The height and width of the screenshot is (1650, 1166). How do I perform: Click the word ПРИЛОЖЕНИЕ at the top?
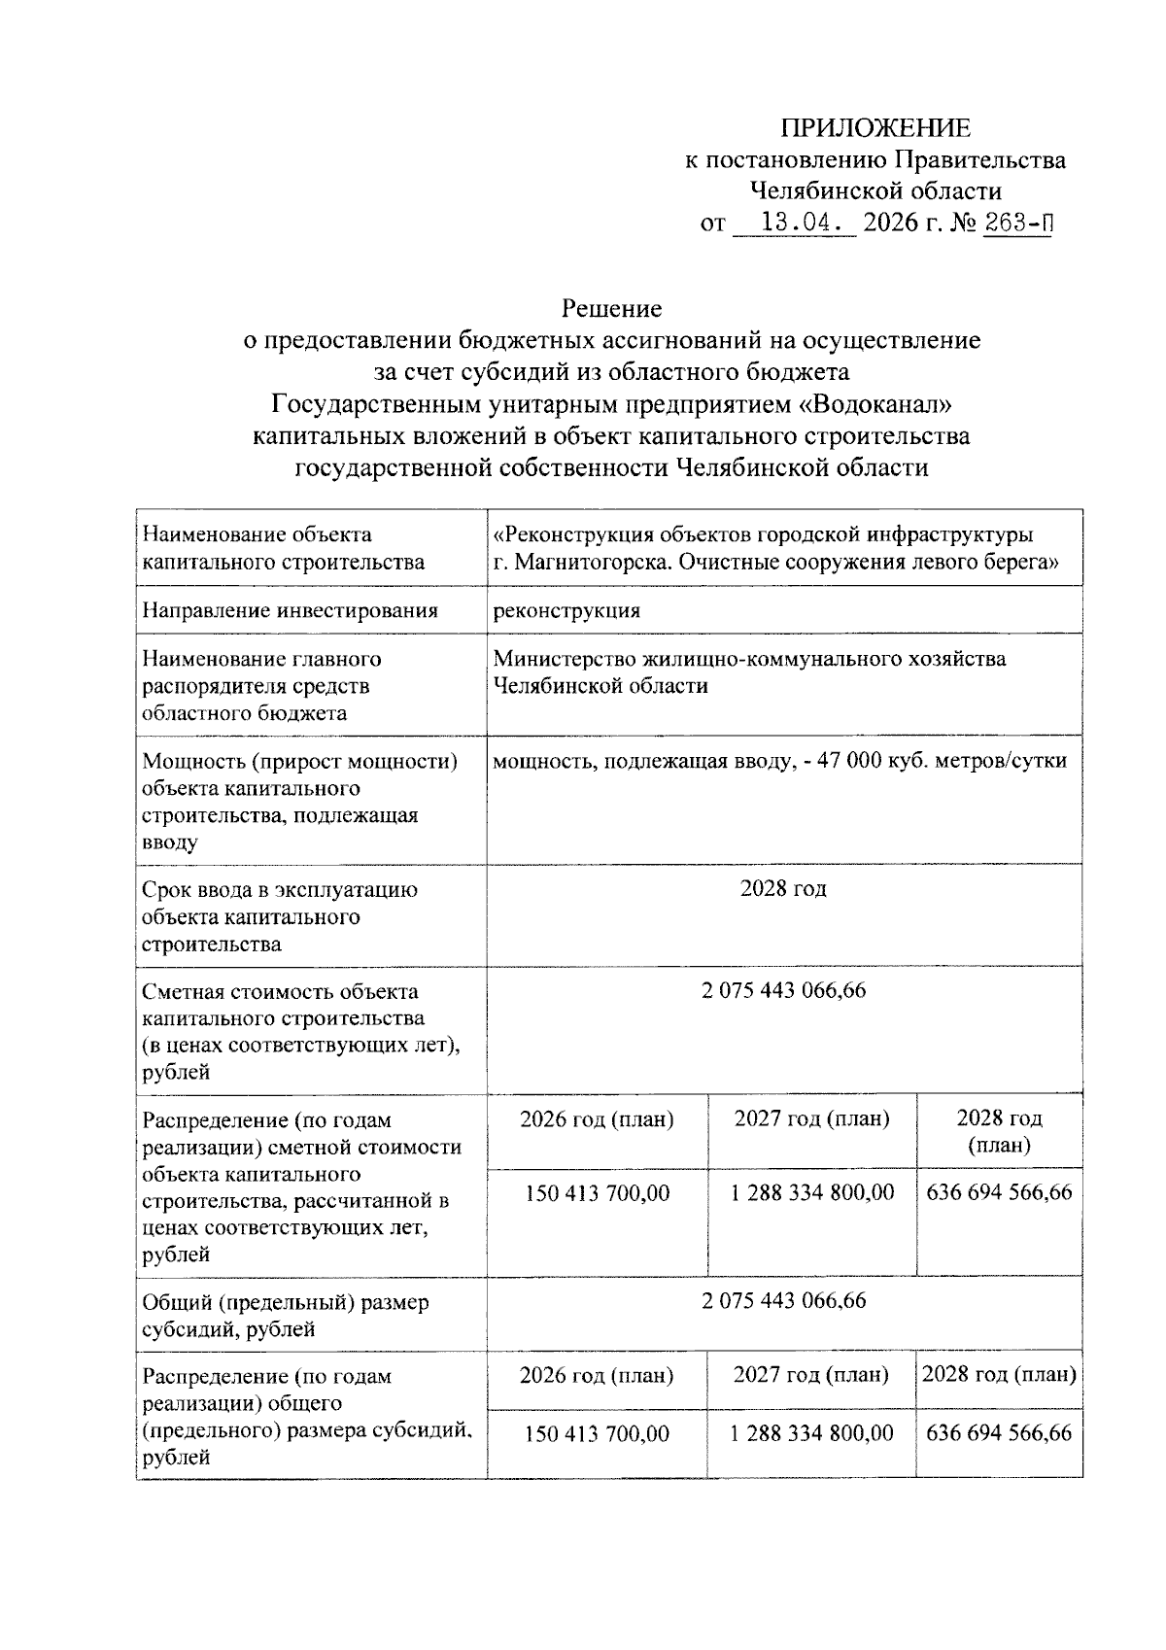876,128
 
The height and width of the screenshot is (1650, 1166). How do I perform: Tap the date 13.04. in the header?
796,223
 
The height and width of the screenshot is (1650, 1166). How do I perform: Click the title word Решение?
612,309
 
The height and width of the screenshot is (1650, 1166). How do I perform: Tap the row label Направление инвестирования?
290,610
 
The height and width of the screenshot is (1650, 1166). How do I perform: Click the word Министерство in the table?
564,659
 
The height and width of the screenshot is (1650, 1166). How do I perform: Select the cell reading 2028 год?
783,889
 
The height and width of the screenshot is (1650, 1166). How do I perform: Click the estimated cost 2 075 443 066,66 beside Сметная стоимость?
783,991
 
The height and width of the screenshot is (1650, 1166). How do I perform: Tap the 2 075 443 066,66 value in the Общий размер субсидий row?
783,1301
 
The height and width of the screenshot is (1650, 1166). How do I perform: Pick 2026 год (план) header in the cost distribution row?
597,1119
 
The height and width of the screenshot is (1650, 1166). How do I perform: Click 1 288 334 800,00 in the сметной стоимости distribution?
812,1192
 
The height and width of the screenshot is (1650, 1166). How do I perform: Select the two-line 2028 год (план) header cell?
999,1131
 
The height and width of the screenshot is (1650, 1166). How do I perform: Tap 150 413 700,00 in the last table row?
597,1434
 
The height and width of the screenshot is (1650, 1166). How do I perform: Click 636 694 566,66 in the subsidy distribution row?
999,1433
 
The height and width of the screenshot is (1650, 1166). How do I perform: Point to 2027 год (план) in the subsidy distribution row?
811,1375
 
